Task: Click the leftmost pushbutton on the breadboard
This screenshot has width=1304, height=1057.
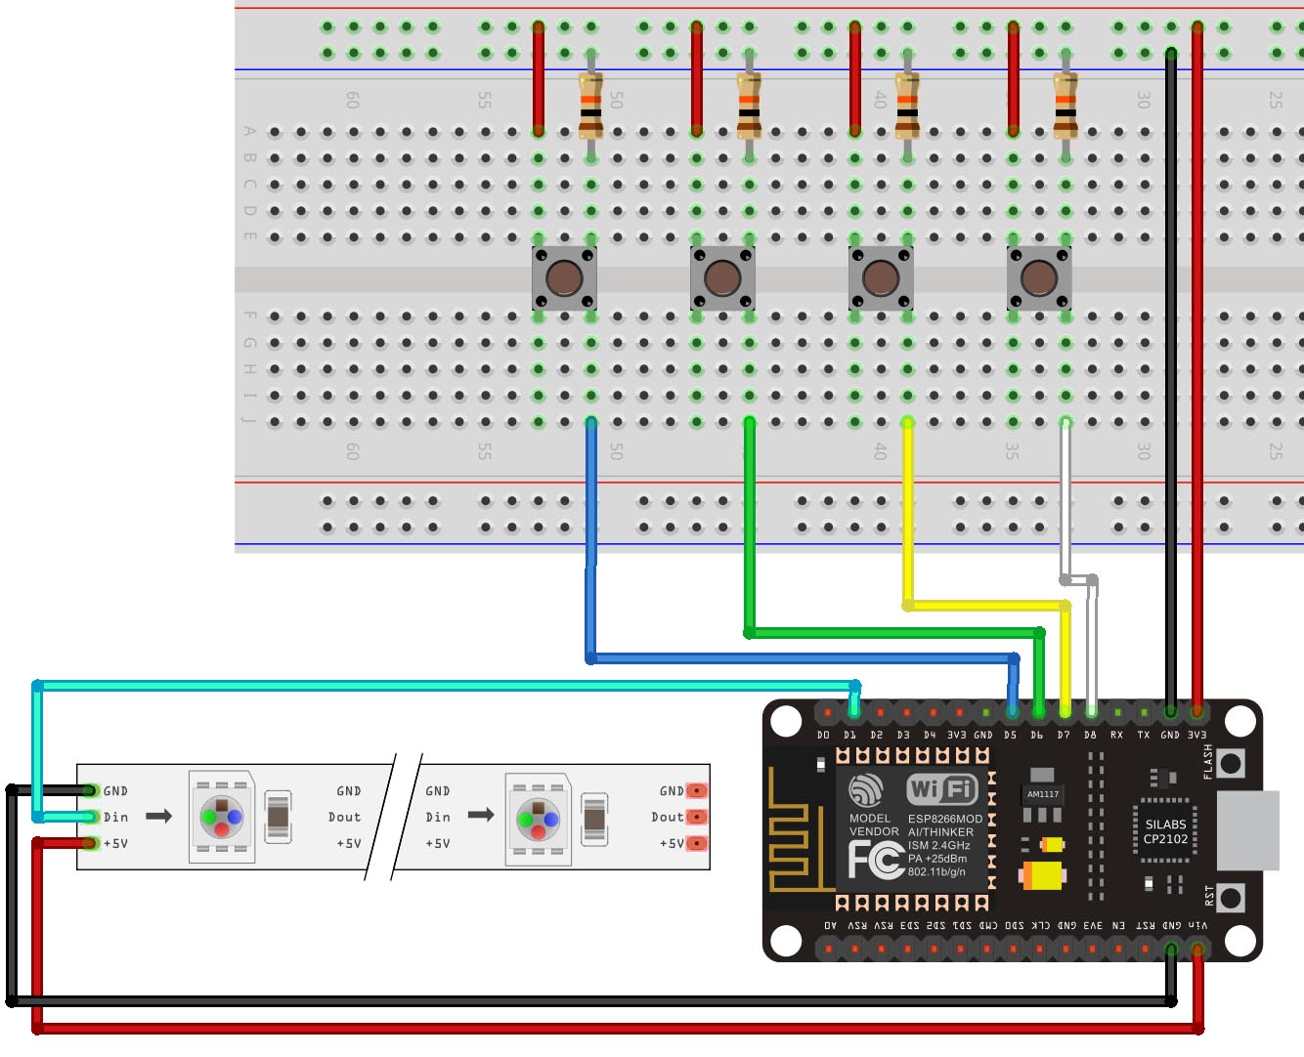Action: pos(564,278)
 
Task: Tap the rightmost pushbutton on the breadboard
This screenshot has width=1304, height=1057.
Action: pos(1039,278)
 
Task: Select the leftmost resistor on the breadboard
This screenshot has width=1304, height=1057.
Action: pos(590,106)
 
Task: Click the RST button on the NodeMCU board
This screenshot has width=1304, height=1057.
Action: pos(1231,898)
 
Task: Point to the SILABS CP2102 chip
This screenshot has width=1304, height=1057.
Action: pos(1165,831)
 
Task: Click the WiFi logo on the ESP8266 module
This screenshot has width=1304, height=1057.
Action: pos(941,789)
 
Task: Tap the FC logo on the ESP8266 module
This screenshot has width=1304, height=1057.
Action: pos(874,860)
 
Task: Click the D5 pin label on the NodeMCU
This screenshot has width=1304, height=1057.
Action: pos(1010,736)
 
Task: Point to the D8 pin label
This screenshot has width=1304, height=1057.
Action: pos(1090,736)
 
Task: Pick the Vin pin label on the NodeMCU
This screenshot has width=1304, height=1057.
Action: pos(1197,925)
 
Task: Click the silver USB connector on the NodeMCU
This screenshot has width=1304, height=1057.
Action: pos(1249,830)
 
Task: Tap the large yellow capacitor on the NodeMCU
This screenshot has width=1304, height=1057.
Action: pos(1043,874)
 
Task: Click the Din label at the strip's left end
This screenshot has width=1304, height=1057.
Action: pos(116,817)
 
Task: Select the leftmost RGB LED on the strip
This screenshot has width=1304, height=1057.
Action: pos(222,817)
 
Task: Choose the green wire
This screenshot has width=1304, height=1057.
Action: pos(750,528)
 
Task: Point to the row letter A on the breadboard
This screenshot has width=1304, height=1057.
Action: pos(250,132)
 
